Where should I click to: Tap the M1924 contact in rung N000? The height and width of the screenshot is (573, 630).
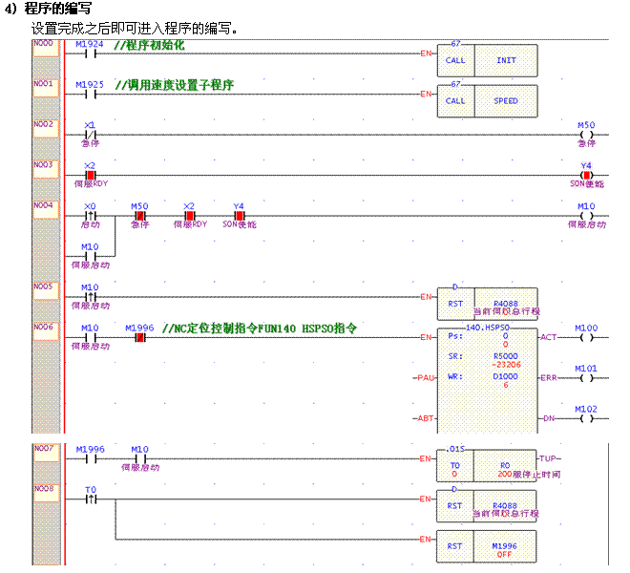point(89,53)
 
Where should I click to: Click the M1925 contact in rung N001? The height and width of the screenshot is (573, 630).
point(89,95)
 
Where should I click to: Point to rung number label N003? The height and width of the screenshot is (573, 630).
point(44,164)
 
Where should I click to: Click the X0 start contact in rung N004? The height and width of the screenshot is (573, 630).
point(90,215)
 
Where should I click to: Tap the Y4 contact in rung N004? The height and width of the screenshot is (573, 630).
point(239,215)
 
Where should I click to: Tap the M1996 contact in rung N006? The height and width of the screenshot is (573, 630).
point(139,337)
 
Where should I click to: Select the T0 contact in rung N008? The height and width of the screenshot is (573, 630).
point(90,499)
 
